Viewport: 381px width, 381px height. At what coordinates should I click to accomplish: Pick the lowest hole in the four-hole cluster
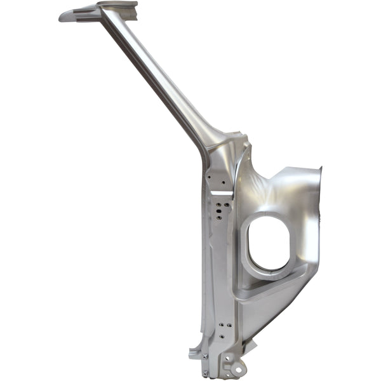click(x=219, y=217)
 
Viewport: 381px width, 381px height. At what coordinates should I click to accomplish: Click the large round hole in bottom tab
click(x=237, y=367)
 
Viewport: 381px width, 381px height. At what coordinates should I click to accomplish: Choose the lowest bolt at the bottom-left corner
click(x=206, y=373)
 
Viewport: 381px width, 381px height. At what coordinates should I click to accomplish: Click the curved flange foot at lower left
click(x=194, y=353)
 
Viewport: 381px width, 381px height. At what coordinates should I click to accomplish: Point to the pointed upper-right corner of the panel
click(x=320, y=169)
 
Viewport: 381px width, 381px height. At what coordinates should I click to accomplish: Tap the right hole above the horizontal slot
click(x=223, y=180)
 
